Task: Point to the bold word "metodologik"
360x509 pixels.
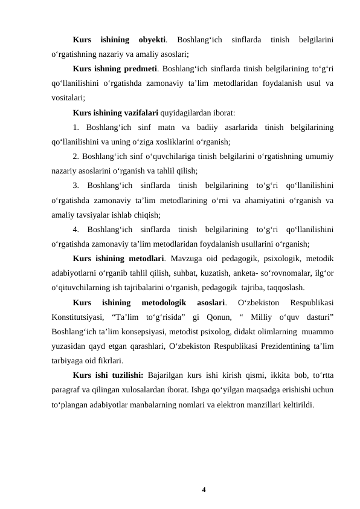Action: coord(164,302)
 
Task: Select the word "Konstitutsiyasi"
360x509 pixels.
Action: coord(78,316)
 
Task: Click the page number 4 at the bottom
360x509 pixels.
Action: coord(204,489)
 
